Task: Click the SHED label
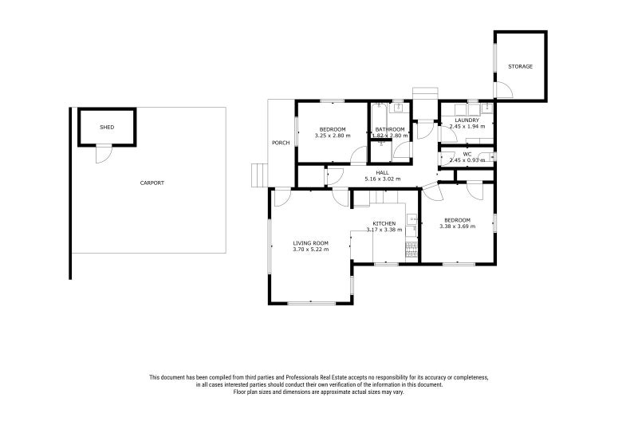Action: [107, 128]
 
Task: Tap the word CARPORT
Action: [152, 183]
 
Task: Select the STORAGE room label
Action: [521, 66]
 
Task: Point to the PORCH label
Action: [281, 143]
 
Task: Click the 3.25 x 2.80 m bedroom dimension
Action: [333, 136]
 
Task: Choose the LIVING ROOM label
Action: [311, 243]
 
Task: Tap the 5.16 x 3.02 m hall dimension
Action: [383, 179]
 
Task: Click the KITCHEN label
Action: [384, 224]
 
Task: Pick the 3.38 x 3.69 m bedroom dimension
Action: [457, 226]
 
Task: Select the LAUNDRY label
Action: [467, 120]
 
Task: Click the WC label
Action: [467, 154]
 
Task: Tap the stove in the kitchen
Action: [412, 250]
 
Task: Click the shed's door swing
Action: [104, 155]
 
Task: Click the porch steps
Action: [259, 175]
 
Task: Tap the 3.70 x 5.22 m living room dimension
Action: [311, 250]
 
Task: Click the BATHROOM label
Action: [390, 129]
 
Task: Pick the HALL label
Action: [383, 173]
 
